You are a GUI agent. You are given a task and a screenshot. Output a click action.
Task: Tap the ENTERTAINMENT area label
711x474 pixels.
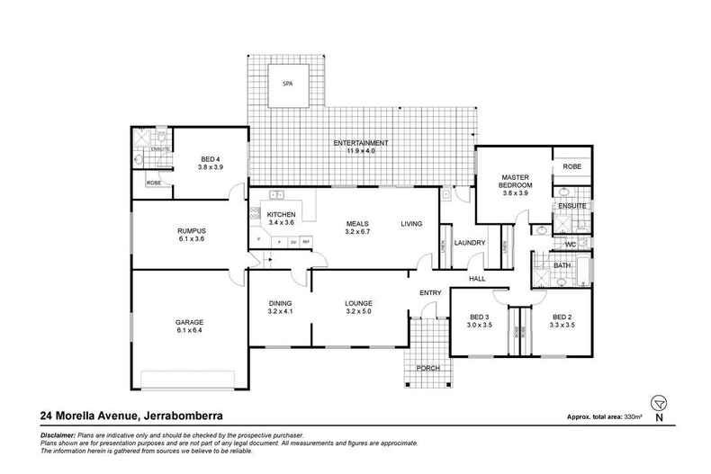click(x=360, y=143)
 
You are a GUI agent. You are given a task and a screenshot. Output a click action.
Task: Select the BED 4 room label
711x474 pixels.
click(x=210, y=159)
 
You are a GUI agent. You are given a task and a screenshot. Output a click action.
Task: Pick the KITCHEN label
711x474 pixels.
click(x=282, y=214)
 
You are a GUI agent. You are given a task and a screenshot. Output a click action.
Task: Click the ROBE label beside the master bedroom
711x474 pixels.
click(x=571, y=167)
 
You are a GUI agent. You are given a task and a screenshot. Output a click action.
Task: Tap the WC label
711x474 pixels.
click(x=570, y=244)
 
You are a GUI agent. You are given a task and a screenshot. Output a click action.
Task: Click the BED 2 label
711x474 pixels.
click(x=562, y=317)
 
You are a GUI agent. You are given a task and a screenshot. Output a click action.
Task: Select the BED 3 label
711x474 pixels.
click(x=479, y=317)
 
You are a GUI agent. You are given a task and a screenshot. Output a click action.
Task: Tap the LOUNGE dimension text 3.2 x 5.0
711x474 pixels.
click(x=358, y=311)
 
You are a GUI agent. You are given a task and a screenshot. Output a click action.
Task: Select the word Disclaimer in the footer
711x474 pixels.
click(x=59, y=434)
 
